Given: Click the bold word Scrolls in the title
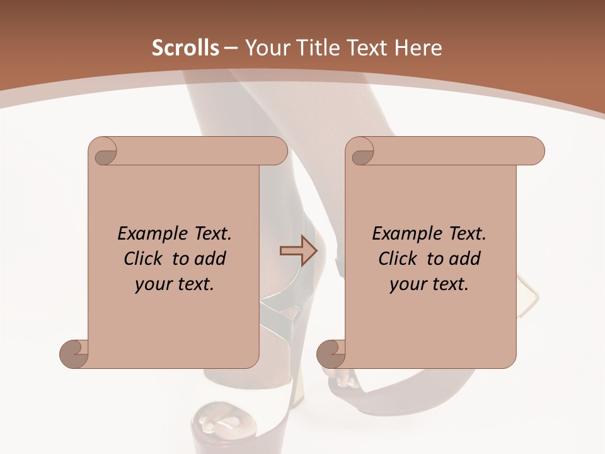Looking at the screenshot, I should pyautogui.click(x=185, y=48).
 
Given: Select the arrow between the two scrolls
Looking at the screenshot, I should pyautogui.click(x=298, y=251).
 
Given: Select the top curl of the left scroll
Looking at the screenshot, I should pyautogui.click(x=104, y=151).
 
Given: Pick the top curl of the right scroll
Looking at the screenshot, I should pyautogui.click(x=361, y=151).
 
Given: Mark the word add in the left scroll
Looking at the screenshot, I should pyautogui.click(x=211, y=259).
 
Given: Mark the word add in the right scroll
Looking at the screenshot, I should pyautogui.click(x=466, y=259).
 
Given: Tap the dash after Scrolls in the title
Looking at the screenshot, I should pyautogui.click(x=231, y=48).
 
